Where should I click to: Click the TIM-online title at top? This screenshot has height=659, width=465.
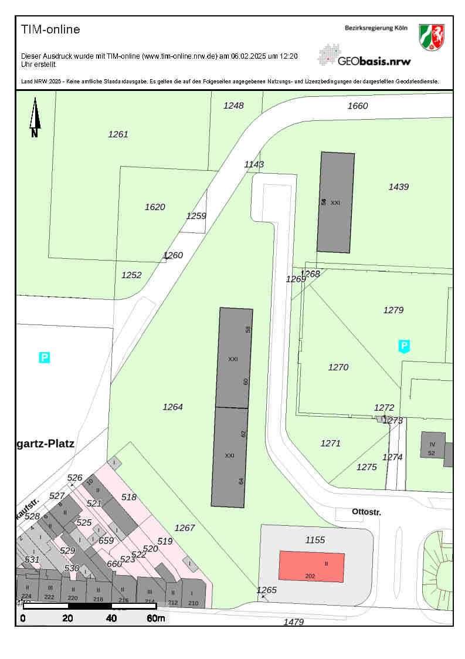[x=50, y=29]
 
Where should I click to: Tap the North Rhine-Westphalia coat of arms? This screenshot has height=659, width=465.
[x=431, y=36]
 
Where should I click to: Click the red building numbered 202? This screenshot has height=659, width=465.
[x=311, y=566]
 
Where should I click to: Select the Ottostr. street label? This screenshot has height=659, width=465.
[x=366, y=512]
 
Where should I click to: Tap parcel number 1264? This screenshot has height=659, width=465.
[x=173, y=407]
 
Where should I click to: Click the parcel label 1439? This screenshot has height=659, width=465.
[x=399, y=187]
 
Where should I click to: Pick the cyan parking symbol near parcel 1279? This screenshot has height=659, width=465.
[x=404, y=346]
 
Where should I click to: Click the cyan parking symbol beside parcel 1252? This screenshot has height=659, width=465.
[x=44, y=357]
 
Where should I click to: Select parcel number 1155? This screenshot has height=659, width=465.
[x=315, y=540]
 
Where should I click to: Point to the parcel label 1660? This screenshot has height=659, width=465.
[x=358, y=106]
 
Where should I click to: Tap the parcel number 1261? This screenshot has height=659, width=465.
[x=118, y=134]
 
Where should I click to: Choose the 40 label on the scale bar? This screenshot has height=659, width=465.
[x=111, y=618]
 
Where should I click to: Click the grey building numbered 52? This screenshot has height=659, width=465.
[x=433, y=445]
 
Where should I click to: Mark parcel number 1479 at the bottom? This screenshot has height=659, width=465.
[x=294, y=622]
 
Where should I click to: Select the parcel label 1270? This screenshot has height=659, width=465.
[x=338, y=367]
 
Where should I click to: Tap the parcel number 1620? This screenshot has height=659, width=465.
[x=155, y=207]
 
